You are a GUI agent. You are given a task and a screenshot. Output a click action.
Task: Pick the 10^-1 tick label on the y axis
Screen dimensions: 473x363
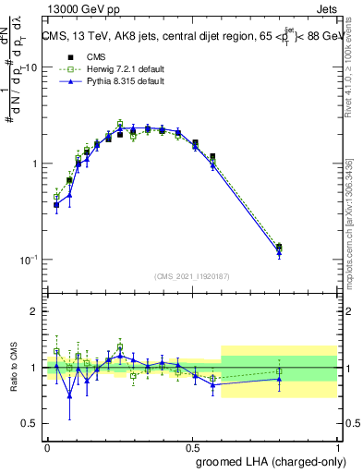[x=26, y=260]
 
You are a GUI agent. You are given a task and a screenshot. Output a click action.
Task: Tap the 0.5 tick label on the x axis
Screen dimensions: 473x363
[x=192, y=445]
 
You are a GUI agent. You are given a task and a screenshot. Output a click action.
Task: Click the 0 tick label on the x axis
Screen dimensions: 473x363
[x=47, y=445]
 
